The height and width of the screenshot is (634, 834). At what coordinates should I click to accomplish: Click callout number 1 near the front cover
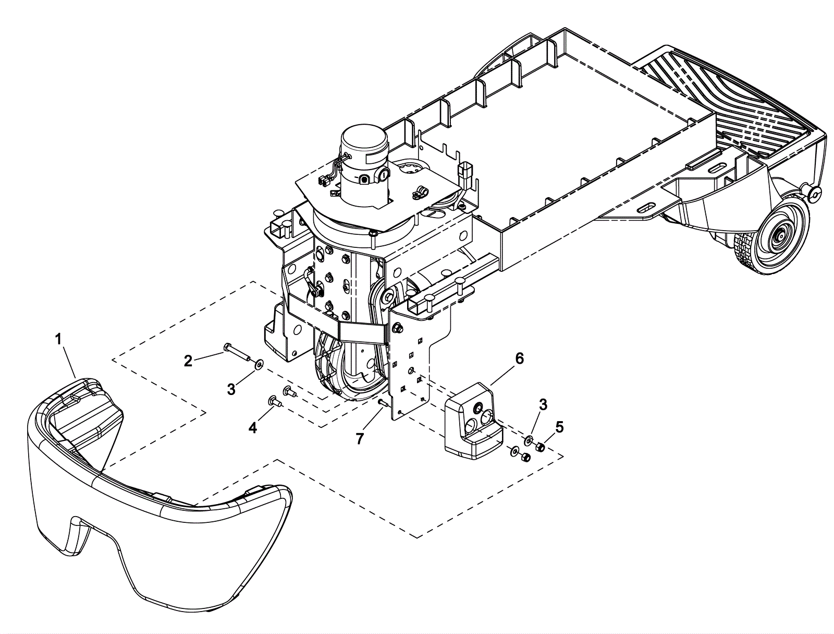(58, 339)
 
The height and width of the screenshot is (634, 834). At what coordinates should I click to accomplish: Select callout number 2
(188, 360)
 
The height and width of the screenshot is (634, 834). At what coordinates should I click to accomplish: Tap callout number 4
(252, 428)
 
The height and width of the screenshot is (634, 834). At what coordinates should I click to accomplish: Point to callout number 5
(559, 427)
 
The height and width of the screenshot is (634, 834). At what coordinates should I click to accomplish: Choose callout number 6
(519, 358)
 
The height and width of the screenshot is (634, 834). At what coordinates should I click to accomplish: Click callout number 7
(359, 439)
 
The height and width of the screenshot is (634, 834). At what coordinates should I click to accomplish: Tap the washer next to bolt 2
(259, 363)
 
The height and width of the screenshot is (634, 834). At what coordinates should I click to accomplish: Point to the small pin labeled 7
(382, 402)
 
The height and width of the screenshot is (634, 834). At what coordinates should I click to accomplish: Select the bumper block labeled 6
(472, 423)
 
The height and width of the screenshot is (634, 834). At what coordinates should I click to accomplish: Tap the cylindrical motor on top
(363, 157)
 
